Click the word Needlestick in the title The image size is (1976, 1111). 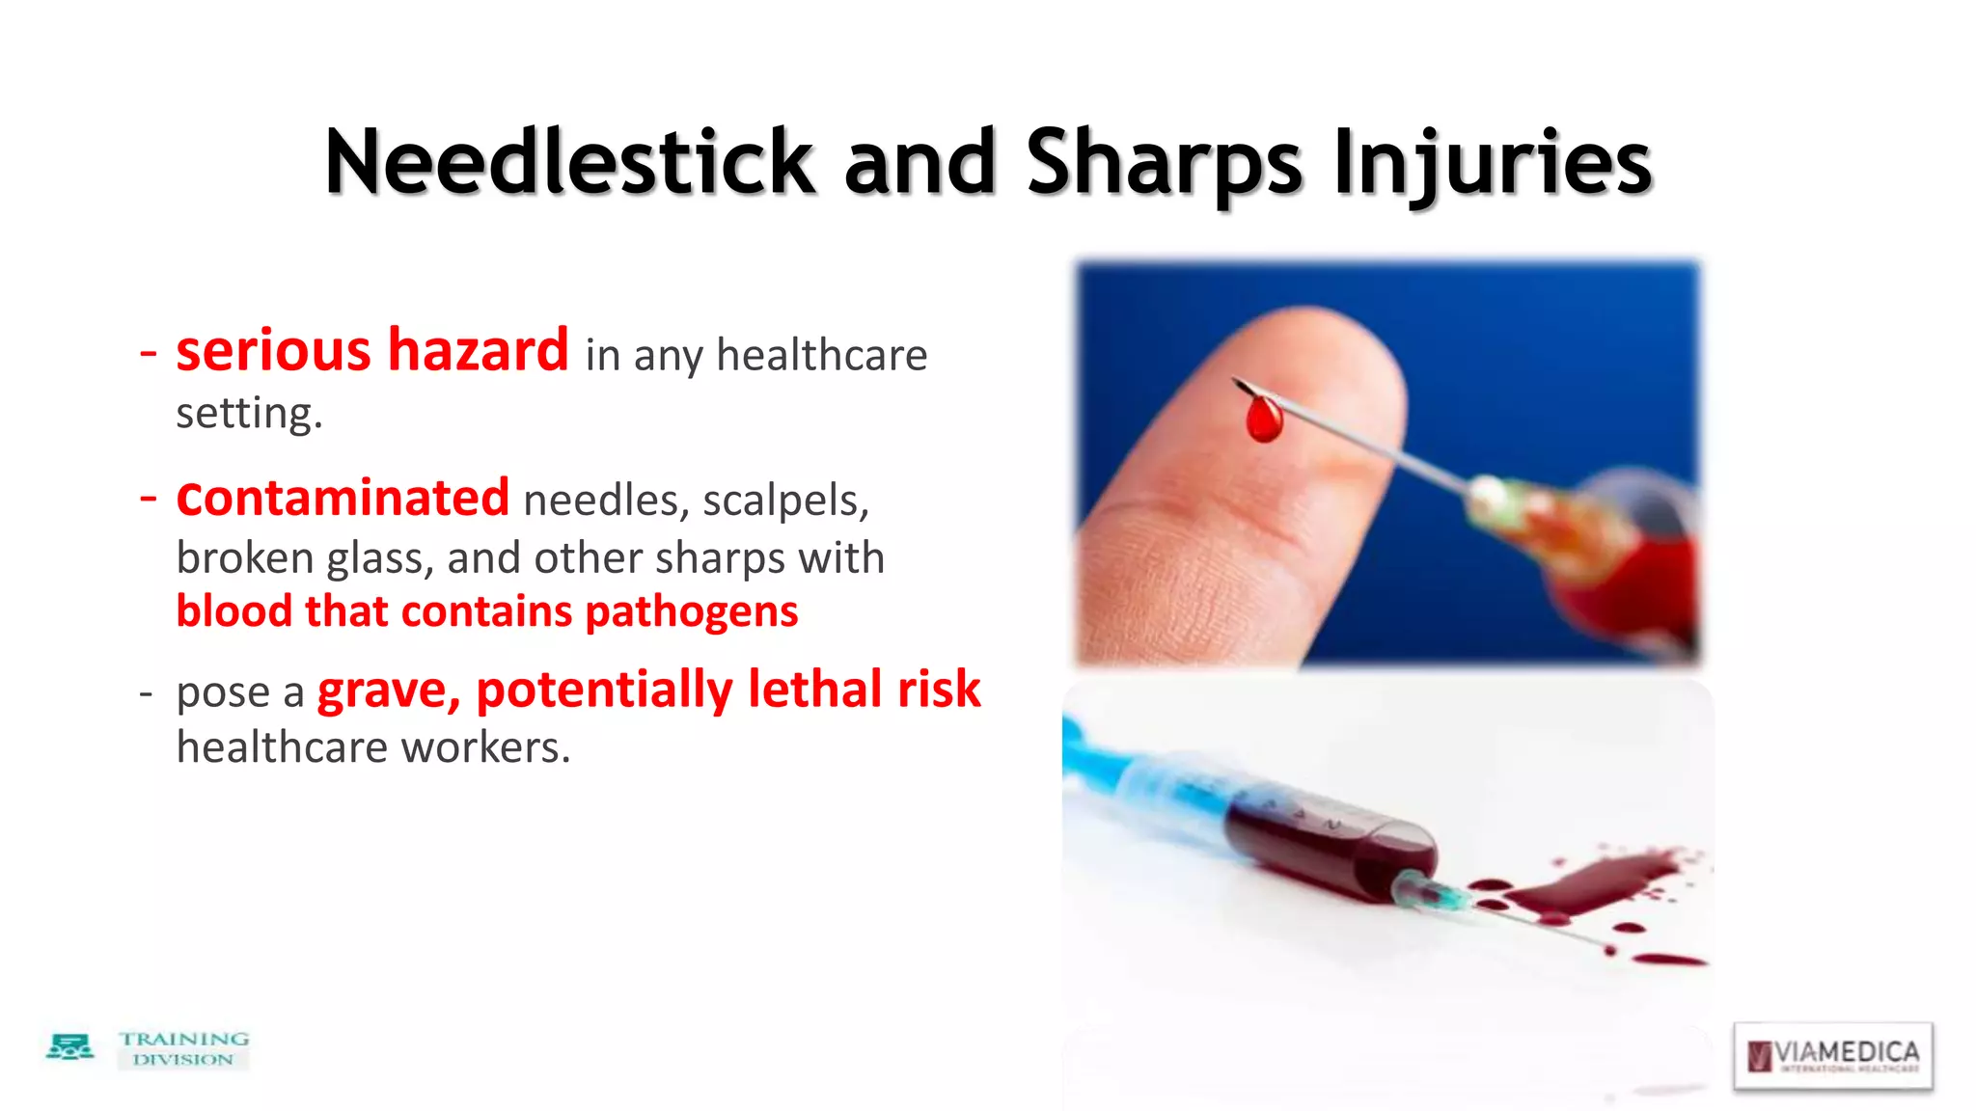569,162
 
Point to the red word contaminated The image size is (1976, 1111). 343,498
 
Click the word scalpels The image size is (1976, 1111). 785,501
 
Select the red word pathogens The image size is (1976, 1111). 691,612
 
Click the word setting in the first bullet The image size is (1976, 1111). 248,414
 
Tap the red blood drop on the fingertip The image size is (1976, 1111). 1263,420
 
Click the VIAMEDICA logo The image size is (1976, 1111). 1832,1055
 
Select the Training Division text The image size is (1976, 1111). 183,1048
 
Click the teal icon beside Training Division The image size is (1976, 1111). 70,1047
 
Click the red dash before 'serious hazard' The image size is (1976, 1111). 148,353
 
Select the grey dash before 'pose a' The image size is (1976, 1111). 147,693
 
